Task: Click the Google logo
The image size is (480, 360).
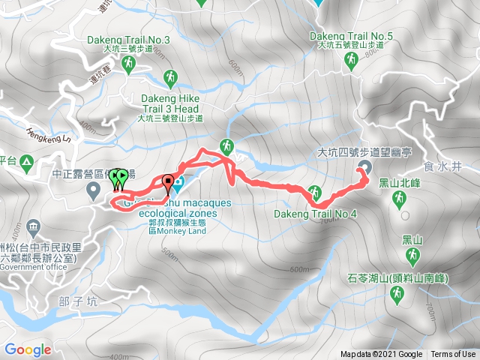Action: (28, 349)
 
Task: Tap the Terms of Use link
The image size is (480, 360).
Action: (452, 355)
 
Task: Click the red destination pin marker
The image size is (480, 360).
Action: (167, 181)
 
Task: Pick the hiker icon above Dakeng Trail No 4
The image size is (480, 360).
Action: (316, 191)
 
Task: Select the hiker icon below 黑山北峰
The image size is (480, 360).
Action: (399, 199)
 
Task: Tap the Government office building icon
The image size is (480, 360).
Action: (33, 226)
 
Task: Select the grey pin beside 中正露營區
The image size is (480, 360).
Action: (94, 190)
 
